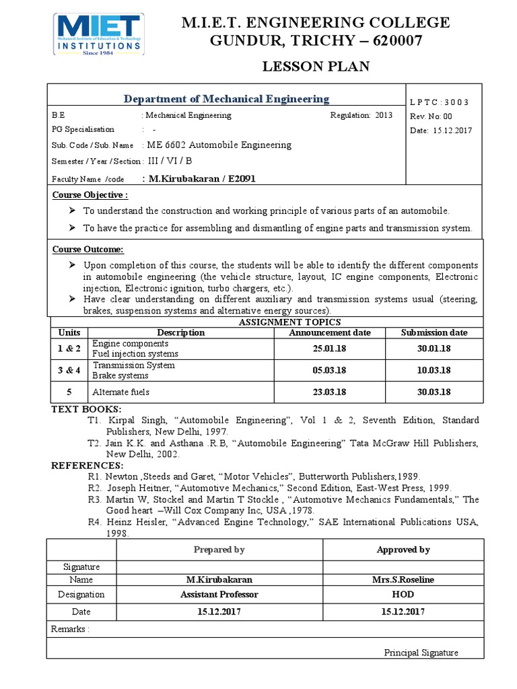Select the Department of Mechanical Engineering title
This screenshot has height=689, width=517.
pos(226,99)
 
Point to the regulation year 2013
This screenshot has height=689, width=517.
pos(384,115)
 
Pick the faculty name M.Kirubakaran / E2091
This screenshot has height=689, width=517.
pos(199,178)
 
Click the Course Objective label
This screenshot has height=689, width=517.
pos(90,195)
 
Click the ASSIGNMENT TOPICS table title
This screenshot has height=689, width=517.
pos(281,322)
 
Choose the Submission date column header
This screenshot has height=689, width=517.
pos(434,332)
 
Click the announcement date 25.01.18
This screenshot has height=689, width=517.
pos(329,349)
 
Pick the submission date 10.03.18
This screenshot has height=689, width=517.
pos(434,370)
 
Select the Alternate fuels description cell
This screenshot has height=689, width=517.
pos(121,392)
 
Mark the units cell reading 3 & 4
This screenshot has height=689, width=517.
pos(69,370)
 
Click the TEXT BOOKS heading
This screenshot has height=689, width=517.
pos(86,409)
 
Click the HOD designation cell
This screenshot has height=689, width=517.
pos(403,594)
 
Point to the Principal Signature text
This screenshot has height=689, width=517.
pos(421,652)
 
